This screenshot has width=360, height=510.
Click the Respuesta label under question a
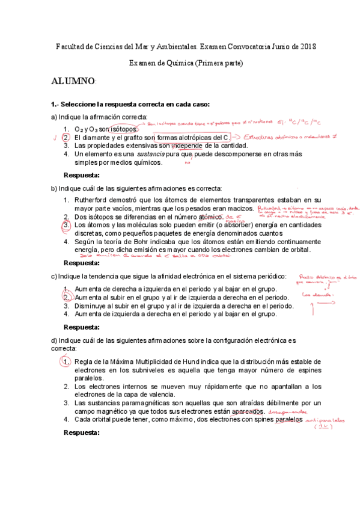point(82,175)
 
